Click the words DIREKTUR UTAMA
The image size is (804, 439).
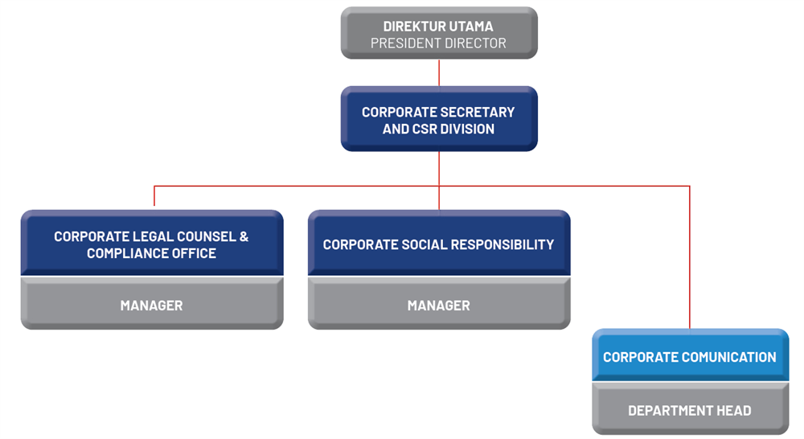pos(438,27)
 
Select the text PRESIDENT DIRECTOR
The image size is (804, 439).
pos(438,43)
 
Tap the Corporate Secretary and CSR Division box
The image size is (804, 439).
pos(439,119)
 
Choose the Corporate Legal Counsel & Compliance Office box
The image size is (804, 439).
pos(152,243)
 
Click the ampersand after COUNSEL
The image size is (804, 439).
pos(244,236)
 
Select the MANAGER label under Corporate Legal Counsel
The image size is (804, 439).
pos(151,306)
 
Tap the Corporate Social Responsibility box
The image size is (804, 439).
pos(439,243)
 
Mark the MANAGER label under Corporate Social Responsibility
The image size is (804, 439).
pos(438,306)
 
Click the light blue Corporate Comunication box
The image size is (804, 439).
pos(690,355)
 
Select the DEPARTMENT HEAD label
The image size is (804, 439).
pos(690,410)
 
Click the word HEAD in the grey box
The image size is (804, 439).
pos(734,410)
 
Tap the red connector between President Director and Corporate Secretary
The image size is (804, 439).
pos(439,72)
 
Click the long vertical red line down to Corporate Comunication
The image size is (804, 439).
pos(690,257)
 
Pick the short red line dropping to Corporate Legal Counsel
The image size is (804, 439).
pos(154,195)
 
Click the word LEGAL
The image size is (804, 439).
pos(150,236)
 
